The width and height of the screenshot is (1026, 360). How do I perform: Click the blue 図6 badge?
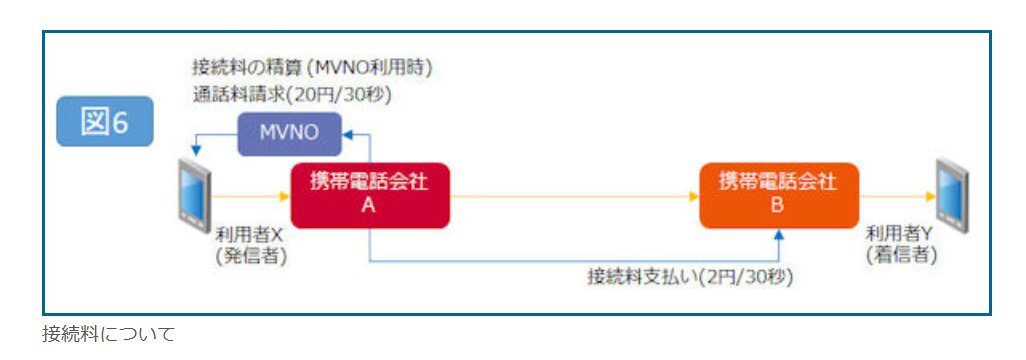point(105,121)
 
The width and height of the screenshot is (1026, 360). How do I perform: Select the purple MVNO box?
point(289,134)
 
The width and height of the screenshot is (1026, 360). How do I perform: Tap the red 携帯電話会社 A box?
point(370,195)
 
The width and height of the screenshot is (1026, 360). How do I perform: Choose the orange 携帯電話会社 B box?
point(779,195)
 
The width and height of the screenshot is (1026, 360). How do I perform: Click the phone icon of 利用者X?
point(195,196)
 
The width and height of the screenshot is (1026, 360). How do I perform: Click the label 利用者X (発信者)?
point(251,246)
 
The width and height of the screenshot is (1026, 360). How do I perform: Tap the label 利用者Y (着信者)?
point(901,245)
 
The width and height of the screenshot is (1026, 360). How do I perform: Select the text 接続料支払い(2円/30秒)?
point(690,278)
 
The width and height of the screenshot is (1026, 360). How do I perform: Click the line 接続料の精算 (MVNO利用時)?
point(312,67)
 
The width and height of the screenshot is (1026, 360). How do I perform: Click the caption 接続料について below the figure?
point(109,334)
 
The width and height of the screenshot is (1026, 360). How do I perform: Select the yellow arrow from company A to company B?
point(575,196)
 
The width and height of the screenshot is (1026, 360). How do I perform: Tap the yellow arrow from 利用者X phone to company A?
point(251,196)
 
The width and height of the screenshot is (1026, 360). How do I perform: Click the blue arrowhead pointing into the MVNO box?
point(347,134)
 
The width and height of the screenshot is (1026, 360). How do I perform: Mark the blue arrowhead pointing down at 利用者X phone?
point(195,151)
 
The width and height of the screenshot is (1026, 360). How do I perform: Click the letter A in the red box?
point(370,206)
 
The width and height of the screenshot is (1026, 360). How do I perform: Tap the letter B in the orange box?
point(778,206)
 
